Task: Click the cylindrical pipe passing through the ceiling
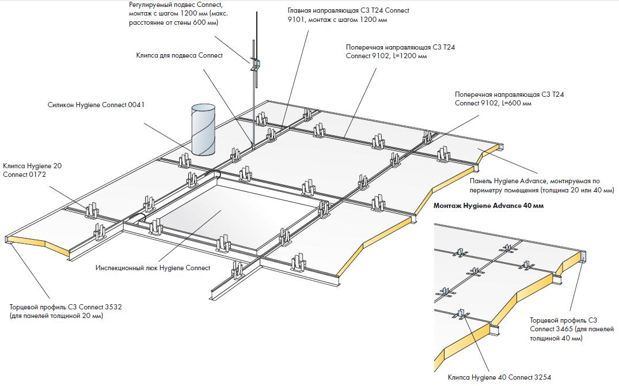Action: (200, 130)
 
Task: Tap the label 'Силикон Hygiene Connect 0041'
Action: (97, 105)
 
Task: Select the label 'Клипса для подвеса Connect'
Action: (179, 55)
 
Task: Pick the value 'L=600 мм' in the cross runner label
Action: (517, 103)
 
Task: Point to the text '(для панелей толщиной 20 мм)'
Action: (56, 316)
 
